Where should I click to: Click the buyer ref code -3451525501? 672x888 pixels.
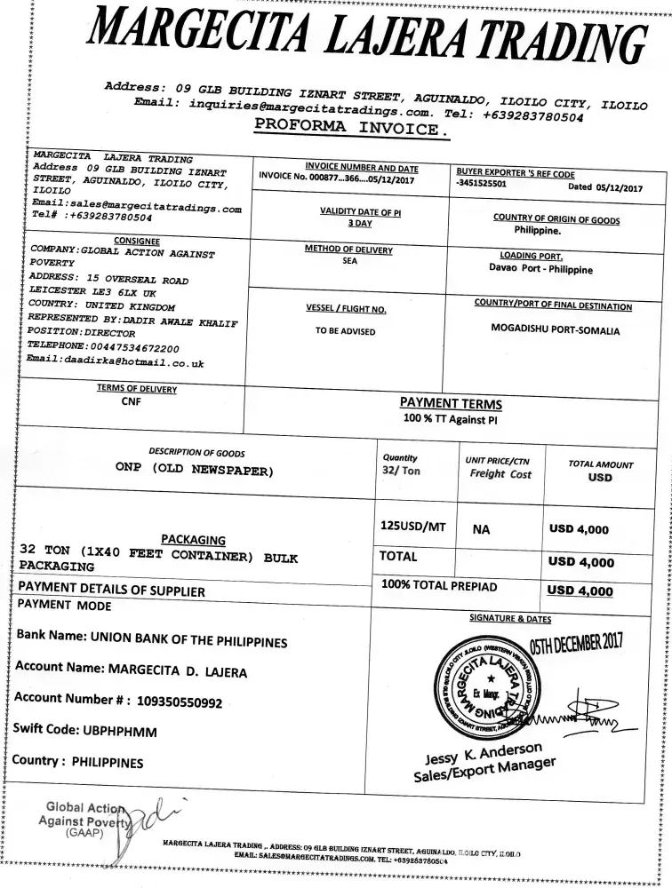click(481, 186)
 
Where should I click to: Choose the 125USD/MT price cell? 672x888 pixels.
click(412, 526)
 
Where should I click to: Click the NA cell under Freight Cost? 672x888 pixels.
click(481, 529)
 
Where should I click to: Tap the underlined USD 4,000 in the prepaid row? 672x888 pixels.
click(580, 591)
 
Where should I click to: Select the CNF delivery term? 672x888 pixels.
click(132, 401)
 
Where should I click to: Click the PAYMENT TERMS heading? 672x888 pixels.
click(450, 404)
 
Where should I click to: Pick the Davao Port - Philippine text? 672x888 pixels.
click(540, 268)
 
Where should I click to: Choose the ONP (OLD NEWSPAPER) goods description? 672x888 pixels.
click(194, 470)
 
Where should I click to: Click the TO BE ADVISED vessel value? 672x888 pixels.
click(346, 331)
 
